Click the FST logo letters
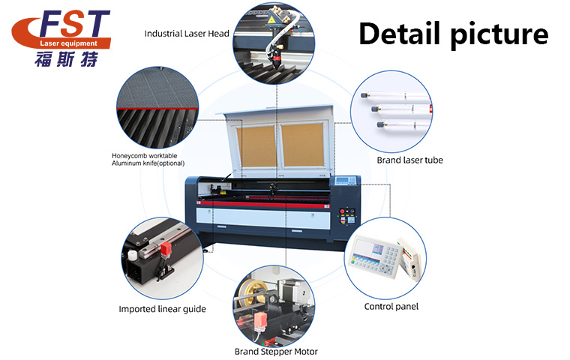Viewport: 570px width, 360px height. (74, 24)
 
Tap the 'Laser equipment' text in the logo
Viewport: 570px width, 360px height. (69, 43)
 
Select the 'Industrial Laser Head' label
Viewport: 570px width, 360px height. (187, 34)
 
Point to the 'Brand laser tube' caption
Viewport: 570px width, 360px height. (409, 160)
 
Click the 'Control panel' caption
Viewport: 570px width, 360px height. (391, 307)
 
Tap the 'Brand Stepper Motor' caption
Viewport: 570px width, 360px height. (276, 352)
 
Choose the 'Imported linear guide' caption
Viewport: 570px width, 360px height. (162, 309)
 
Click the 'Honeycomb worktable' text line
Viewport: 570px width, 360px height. (144, 156)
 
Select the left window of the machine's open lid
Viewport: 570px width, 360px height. (256, 146)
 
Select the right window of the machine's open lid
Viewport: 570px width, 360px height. (303, 145)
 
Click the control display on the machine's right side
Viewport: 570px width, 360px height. (345, 180)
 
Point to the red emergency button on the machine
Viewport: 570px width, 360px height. (342, 211)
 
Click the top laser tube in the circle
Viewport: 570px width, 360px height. (394, 97)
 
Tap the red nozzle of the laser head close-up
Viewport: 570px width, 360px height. (277, 58)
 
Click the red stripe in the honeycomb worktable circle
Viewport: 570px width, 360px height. (157, 108)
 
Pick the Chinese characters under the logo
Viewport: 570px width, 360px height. (67, 59)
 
